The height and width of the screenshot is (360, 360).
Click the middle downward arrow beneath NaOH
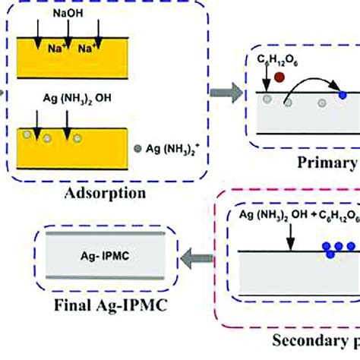(x=68, y=34)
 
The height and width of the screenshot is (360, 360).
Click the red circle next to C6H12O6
(x=280, y=77)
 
